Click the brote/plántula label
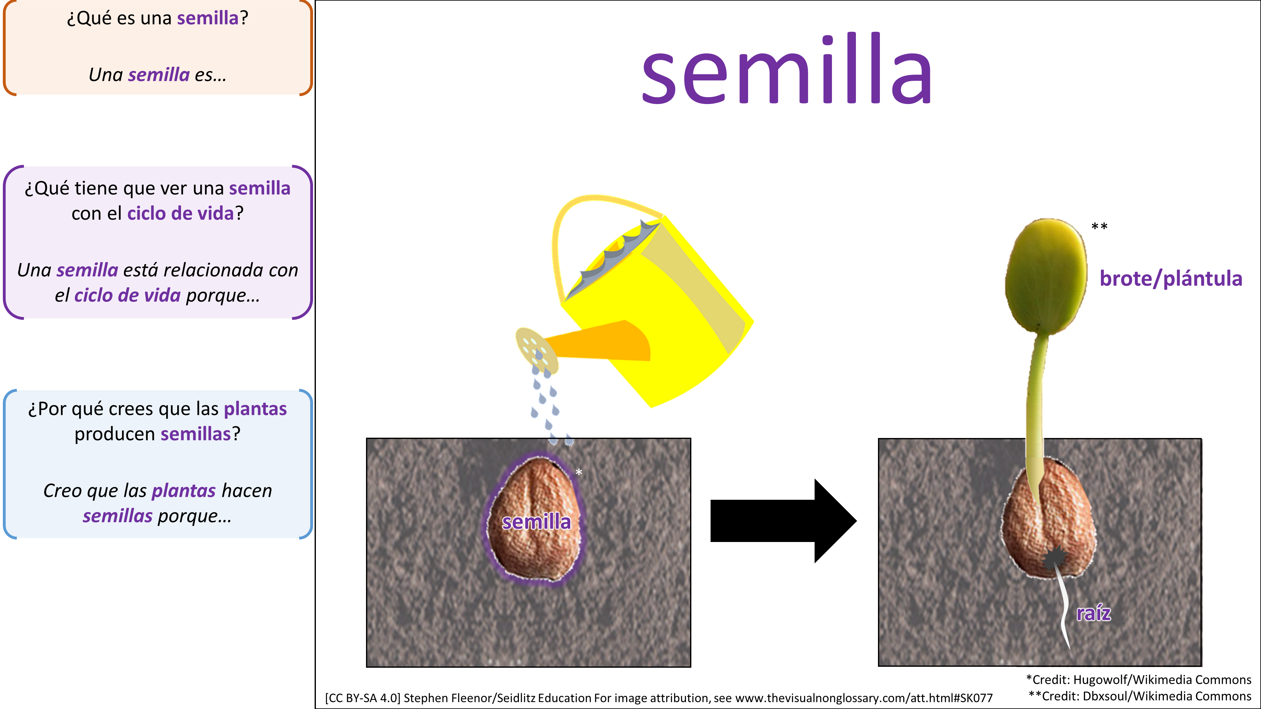tap(1171, 279)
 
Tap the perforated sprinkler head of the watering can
tap(536, 350)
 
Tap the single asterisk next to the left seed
tap(578, 472)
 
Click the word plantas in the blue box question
tap(255, 409)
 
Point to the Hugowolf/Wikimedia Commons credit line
tap(1139, 680)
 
